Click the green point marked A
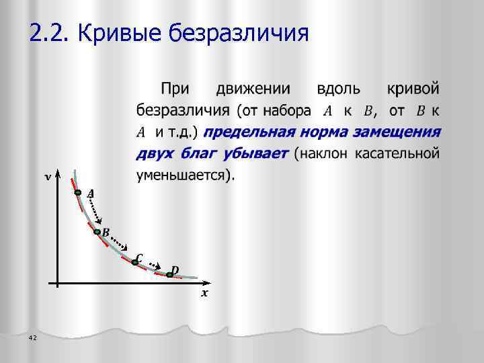tap(78, 193)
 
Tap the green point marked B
tap(97, 233)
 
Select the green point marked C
tap(134, 262)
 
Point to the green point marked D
tap(169, 274)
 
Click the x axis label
tap(204, 293)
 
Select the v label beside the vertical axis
tap(46, 177)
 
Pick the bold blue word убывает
tap(256, 153)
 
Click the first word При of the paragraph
tap(174, 88)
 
